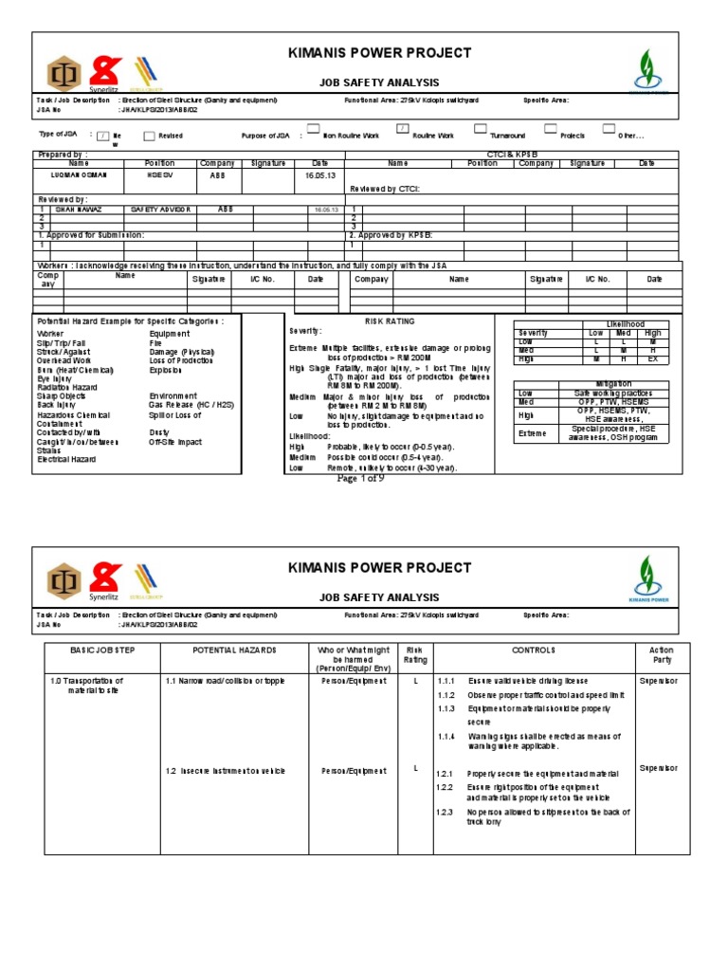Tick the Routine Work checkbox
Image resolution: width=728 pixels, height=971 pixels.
click(402, 128)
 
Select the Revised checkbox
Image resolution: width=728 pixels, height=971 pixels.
click(149, 136)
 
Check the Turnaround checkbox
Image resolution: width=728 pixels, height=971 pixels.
click(481, 128)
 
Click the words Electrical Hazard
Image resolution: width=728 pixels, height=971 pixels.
click(65, 459)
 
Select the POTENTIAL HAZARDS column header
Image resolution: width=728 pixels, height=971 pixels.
click(234, 651)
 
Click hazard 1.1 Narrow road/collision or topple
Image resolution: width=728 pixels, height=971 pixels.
click(225, 681)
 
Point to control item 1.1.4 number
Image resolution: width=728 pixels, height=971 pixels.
click(446, 736)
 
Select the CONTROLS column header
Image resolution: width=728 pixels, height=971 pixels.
click(534, 651)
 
